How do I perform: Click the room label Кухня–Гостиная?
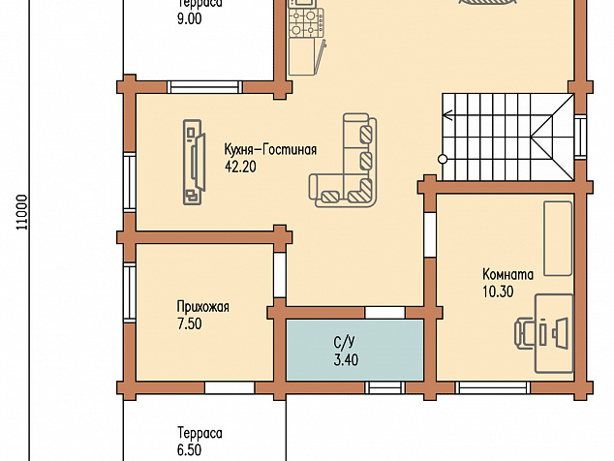[270, 149]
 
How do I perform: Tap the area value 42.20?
[240, 167]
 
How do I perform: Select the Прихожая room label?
[202, 307]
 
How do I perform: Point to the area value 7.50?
[190, 324]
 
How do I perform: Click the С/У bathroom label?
[344, 342]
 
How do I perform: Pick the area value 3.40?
[346, 360]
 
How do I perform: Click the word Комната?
[507, 274]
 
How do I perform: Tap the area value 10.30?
[498, 292]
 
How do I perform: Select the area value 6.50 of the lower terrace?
[190, 450]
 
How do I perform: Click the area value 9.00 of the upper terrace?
[190, 19]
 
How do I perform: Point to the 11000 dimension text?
[22, 212]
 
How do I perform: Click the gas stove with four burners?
[307, 23]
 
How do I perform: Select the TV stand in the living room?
[193, 162]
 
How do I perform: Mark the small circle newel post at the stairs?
[443, 160]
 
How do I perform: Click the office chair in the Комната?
[524, 333]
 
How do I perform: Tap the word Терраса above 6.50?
[200, 433]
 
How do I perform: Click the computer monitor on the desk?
[560, 333]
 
